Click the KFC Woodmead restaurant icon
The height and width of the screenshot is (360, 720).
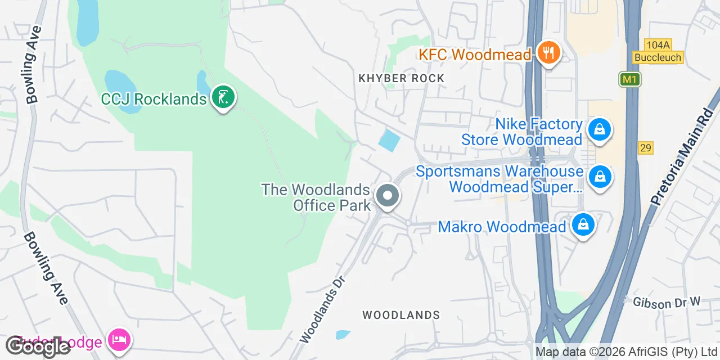coord(547,54)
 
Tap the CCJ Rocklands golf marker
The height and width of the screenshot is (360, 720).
coord(223,98)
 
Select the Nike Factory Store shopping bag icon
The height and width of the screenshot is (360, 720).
coord(600,130)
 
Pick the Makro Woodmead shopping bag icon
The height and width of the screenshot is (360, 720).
coord(583,226)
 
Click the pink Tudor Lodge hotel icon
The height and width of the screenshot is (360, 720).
coord(119,340)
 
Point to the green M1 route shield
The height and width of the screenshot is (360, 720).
coord(630,79)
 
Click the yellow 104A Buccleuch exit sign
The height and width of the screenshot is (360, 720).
coord(658,51)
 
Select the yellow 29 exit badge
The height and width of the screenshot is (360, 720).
coord(645,148)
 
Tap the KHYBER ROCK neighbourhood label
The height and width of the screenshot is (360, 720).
coord(402,78)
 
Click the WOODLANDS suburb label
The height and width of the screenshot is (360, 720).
coord(401,315)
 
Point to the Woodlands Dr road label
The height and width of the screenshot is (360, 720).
coord(322,308)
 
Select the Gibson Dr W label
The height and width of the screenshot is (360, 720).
coord(667,303)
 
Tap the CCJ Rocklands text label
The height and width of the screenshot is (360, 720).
coord(154,100)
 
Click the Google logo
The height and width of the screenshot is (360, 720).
coord(37,346)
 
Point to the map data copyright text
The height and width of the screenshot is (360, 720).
coord(626,352)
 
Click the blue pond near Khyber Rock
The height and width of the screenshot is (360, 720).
coord(389,140)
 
